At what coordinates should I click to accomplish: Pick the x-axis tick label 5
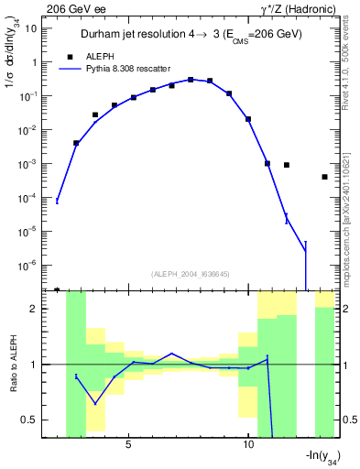pyautogui.click(x=128, y=445)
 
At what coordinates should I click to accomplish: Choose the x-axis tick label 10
pyautogui.click(x=248, y=445)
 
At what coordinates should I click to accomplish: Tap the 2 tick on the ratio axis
pyautogui.click(x=39, y=309)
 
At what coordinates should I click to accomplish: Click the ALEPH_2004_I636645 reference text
pyautogui.click(x=189, y=274)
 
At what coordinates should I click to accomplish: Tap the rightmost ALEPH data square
pyautogui.click(x=324, y=177)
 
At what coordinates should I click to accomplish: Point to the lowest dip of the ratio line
pyautogui.click(x=94, y=404)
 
